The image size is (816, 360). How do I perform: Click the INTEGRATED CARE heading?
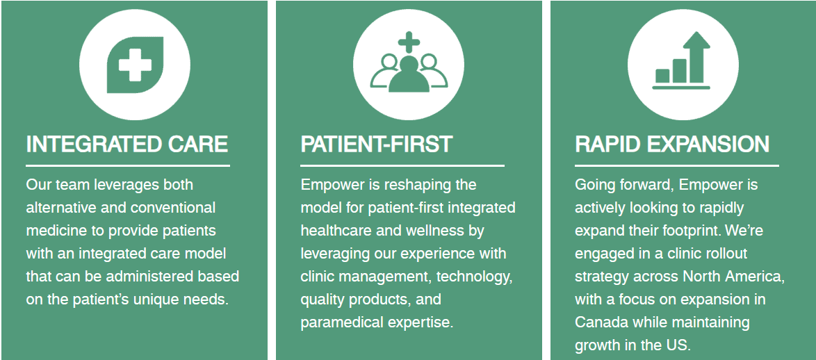click(127, 144)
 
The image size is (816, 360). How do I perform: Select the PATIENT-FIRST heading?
click(377, 144)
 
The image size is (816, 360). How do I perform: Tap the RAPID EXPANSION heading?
click(672, 144)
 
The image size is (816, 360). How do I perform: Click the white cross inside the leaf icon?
click(135, 65)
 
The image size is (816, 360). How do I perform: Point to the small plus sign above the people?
click(409, 42)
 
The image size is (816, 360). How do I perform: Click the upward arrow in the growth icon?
click(696, 56)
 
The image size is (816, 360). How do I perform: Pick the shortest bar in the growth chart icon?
click(662, 76)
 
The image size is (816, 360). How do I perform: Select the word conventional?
click(173, 208)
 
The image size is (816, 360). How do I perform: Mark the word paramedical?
click(342, 322)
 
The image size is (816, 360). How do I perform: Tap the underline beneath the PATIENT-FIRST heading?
click(402, 166)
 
